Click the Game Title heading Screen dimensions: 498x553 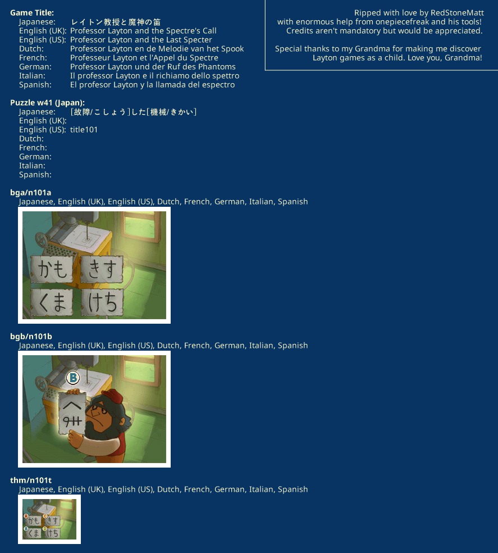[x=32, y=13]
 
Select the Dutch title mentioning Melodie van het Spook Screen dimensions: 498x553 [x=157, y=49]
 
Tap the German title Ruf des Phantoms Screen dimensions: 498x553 [x=153, y=67]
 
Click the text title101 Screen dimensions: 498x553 [x=84, y=129]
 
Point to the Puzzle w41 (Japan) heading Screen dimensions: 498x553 [x=48, y=103]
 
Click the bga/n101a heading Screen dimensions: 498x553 [x=31, y=193]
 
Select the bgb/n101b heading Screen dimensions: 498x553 [x=31, y=337]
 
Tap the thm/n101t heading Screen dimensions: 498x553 [x=31, y=481]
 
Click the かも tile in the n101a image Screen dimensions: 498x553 [x=52, y=269]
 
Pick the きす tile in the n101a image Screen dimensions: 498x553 [x=102, y=269]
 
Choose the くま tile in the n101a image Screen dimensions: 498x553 [x=52, y=302]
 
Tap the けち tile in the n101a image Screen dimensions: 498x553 [x=102, y=302]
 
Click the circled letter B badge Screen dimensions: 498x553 [x=73, y=378]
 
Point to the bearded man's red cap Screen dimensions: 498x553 [x=113, y=397]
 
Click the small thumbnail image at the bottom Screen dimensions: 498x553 [x=49, y=519]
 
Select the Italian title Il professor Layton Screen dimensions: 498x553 [x=155, y=76]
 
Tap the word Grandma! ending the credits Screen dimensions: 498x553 [x=463, y=57]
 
